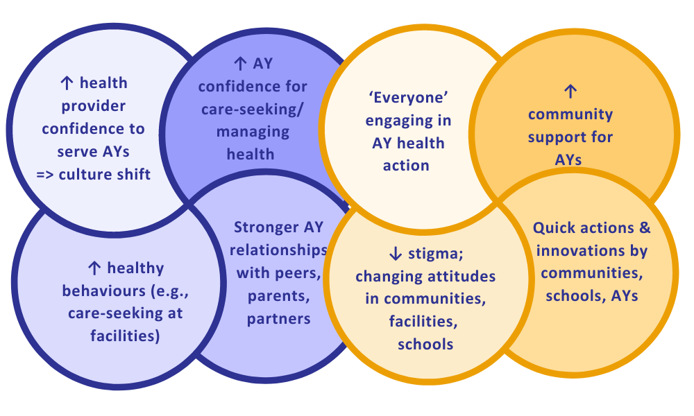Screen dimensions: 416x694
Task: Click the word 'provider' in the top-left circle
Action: pyautogui.click(x=94, y=107)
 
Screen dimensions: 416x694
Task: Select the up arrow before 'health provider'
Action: pyautogui.click(x=67, y=83)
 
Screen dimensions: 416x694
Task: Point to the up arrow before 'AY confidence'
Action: pyautogui.click(x=240, y=64)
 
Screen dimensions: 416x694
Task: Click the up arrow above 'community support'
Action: pyautogui.click(x=570, y=91)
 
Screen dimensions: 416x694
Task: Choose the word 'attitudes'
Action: pyautogui.click(x=462, y=277)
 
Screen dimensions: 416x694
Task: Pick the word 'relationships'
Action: pyautogui.click(x=278, y=250)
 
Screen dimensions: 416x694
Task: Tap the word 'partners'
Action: pyautogui.click(x=278, y=319)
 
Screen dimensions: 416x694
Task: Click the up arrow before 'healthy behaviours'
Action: pyautogui.click(x=94, y=268)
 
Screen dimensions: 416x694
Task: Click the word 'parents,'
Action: pyautogui.click(x=278, y=296)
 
